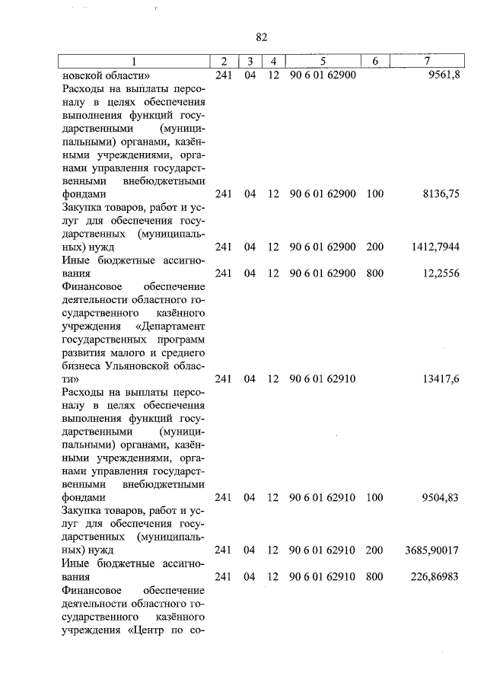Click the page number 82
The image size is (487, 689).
coord(262,37)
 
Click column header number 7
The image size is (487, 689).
coord(428,61)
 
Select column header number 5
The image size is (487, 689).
coord(323,61)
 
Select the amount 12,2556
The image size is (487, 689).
coord(439,272)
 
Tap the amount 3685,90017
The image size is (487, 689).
coord(431,549)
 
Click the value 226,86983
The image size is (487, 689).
coord(433,576)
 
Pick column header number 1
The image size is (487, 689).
coord(135,61)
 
